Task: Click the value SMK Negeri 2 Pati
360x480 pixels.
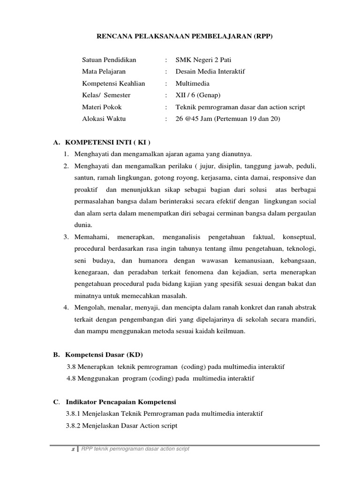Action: click(x=203, y=60)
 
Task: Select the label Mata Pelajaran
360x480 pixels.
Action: click(x=104, y=72)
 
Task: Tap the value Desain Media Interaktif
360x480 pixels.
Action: click(x=210, y=72)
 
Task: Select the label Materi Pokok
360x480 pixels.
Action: click(x=102, y=107)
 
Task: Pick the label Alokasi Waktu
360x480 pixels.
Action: click(x=104, y=119)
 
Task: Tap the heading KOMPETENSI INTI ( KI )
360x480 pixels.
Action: click(x=107, y=142)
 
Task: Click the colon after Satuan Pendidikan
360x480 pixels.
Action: click(x=166, y=60)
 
